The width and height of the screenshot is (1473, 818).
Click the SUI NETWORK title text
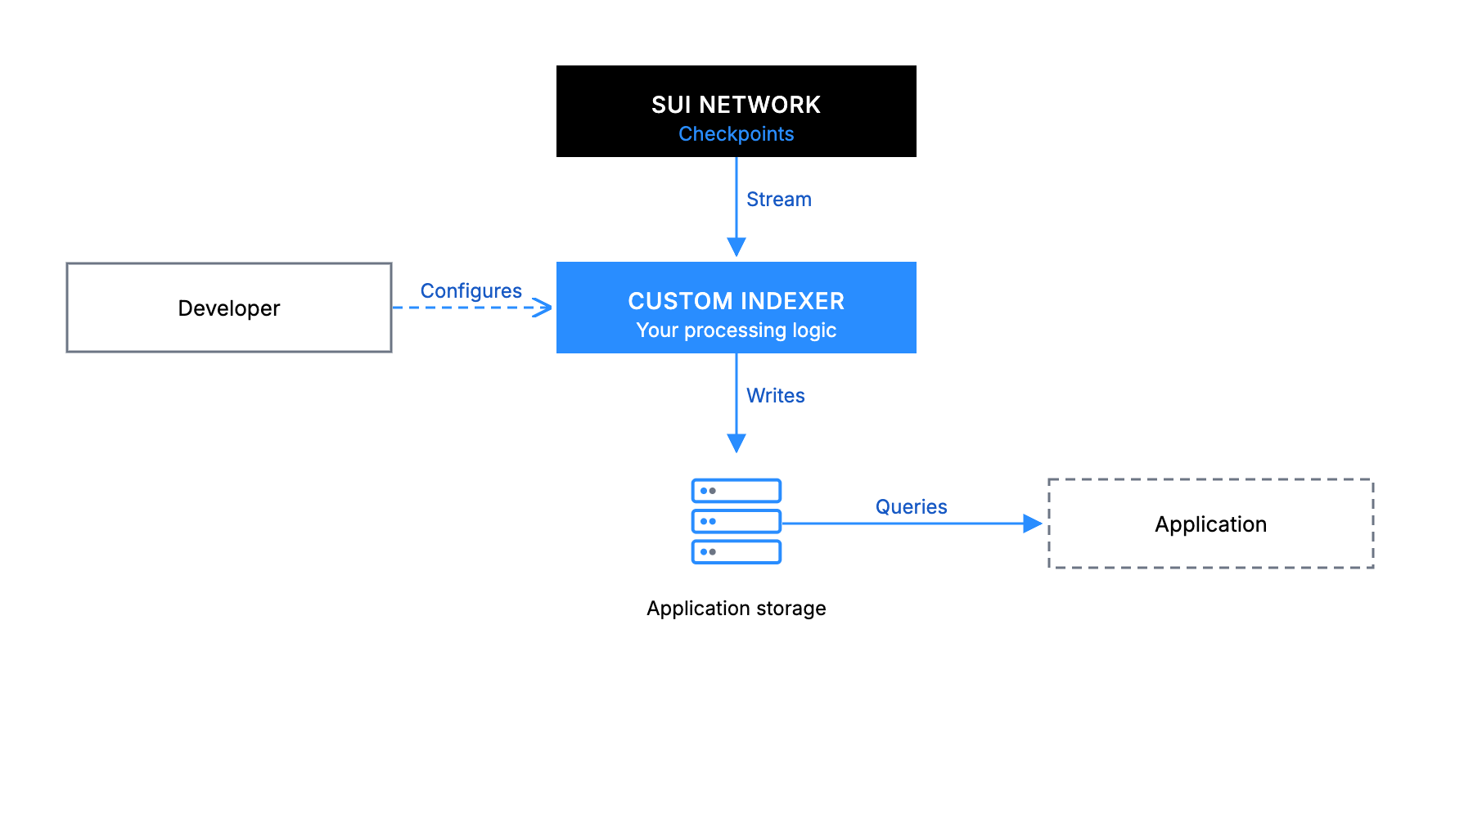(736, 105)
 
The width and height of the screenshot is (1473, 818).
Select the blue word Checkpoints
(736, 134)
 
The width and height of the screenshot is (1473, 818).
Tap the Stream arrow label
(779, 200)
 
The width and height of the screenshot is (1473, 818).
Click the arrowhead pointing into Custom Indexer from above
(736, 247)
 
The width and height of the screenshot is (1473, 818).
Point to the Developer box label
(229, 308)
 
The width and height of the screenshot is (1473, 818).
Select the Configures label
(471, 291)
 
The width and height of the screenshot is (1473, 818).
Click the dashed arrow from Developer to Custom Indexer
(472, 308)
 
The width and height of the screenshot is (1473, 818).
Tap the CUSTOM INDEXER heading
(736, 301)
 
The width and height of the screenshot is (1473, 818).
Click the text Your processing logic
(736, 330)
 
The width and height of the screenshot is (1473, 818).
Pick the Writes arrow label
(776, 396)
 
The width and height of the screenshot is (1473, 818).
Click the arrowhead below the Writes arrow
(736, 443)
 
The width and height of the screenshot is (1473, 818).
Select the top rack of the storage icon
(736, 491)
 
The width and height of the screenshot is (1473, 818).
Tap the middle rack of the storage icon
(736, 521)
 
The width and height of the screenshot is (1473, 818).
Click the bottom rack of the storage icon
(736, 551)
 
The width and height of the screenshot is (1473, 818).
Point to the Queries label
(911, 507)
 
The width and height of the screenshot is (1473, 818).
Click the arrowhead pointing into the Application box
(1033, 524)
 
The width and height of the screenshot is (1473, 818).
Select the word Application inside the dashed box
(1210, 524)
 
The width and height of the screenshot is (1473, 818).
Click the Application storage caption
(736, 609)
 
